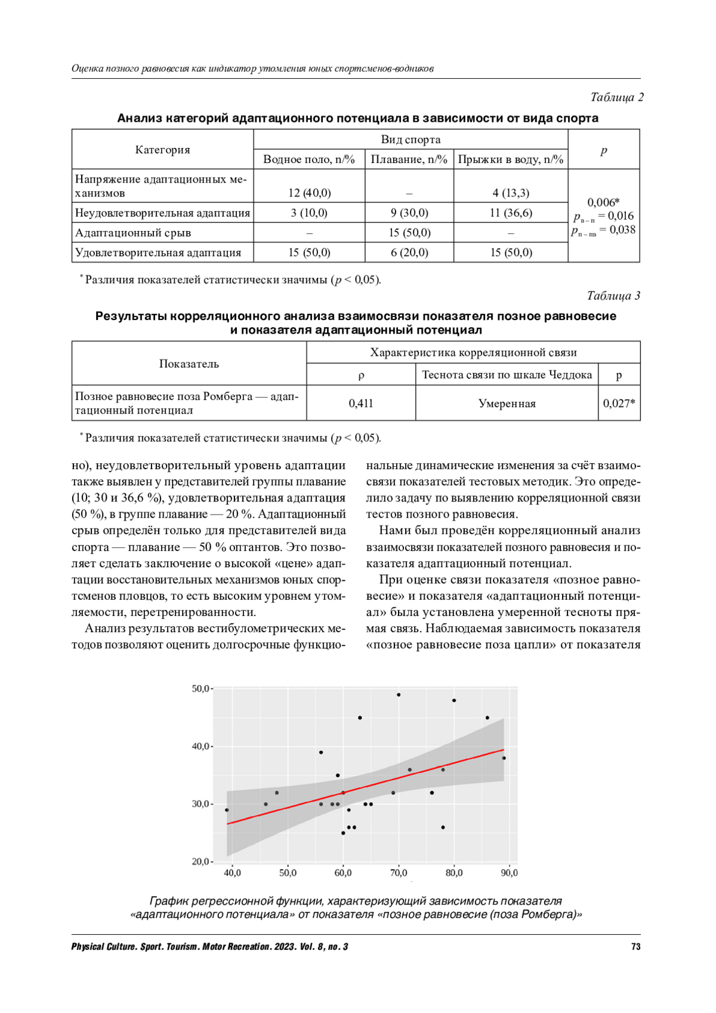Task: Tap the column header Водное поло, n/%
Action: (x=309, y=159)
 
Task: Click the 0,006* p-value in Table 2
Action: (x=603, y=202)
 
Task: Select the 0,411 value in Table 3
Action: (x=361, y=404)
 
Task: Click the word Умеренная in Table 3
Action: (x=507, y=404)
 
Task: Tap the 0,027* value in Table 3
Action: (x=619, y=404)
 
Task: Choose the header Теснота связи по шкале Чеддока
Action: (x=507, y=375)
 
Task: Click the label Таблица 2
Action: (x=616, y=97)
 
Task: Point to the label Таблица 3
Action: (x=613, y=295)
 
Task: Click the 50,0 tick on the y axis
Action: (x=200, y=689)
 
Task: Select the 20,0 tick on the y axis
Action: (x=200, y=861)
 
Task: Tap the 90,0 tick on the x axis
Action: (x=510, y=873)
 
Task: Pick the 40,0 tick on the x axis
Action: (x=232, y=873)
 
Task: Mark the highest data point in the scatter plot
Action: (x=399, y=695)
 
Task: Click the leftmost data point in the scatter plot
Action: (x=227, y=810)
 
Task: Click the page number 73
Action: (x=635, y=947)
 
